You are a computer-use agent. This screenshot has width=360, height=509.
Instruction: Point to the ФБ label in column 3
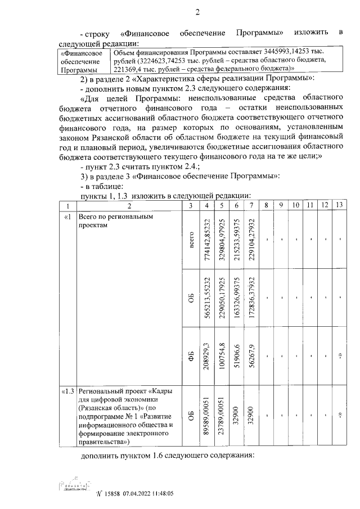pyautogui.click(x=191, y=355)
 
